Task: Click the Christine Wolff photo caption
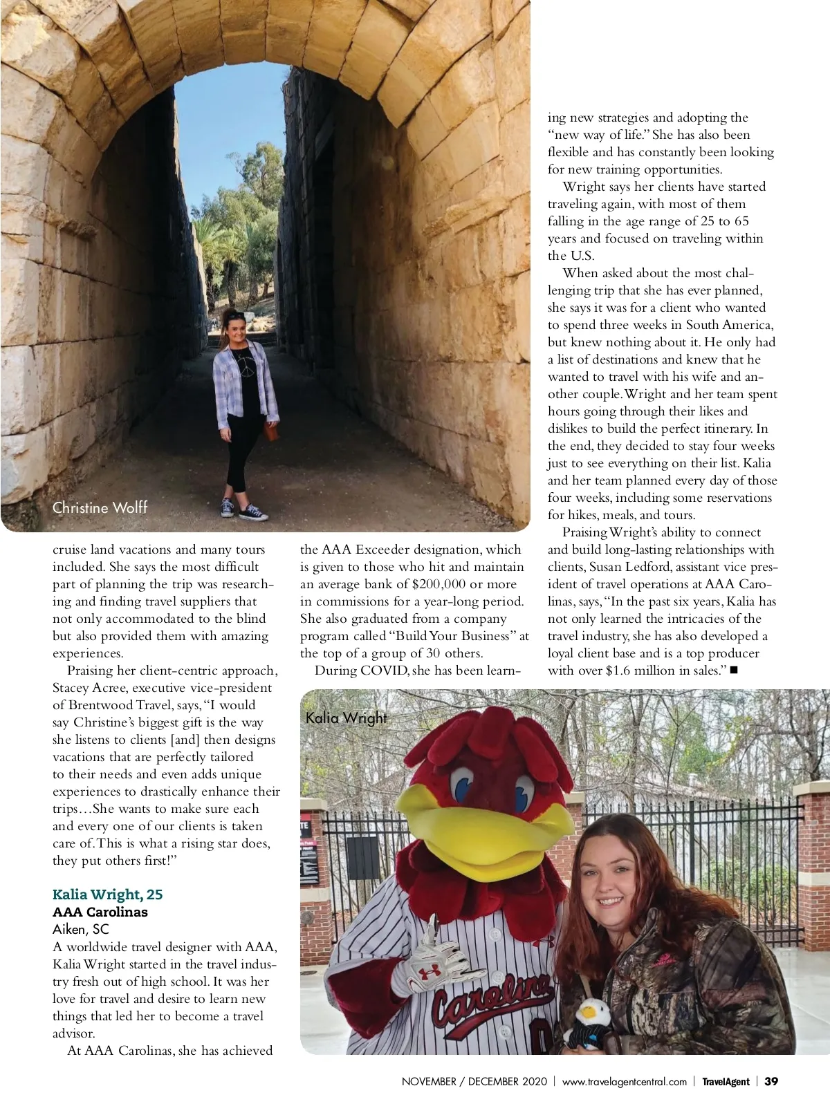coord(100,508)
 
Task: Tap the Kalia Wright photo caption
coord(346,718)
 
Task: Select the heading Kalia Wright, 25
coord(107,894)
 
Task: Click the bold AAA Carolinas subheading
coord(100,912)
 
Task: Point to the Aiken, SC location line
coord(80,929)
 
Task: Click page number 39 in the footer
coord(771,1082)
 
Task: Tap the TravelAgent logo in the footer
coord(726,1082)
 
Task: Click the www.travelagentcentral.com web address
coord(624,1082)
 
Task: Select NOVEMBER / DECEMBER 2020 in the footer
coord(474,1082)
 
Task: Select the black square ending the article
coord(733,670)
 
